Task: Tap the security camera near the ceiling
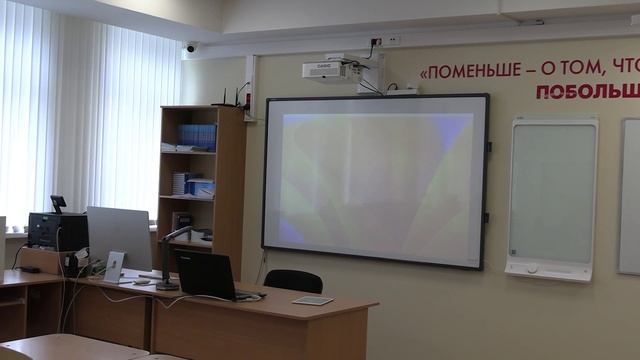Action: (x=190, y=47)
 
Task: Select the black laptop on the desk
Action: (x=208, y=275)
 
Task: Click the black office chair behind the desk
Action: (x=293, y=281)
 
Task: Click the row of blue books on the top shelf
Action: (x=197, y=136)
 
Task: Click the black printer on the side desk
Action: (x=57, y=231)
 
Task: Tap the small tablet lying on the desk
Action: (x=313, y=300)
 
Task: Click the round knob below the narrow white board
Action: (x=532, y=268)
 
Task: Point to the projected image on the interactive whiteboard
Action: (x=375, y=180)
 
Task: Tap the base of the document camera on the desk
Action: (x=167, y=286)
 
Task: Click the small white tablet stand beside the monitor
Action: (x=115, y=267)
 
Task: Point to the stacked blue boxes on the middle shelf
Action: (x=198, y=186)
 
